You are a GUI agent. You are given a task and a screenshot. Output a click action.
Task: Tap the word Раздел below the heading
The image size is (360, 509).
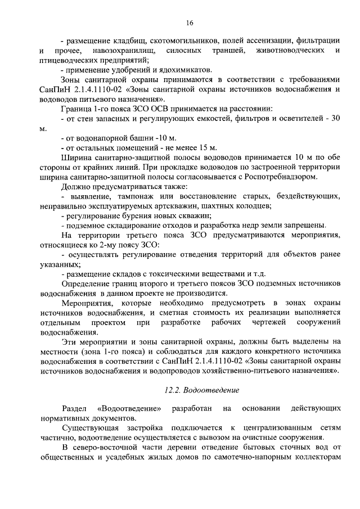(x=74, y=408)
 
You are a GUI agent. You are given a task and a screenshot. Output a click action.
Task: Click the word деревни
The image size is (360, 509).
(x=188, y=447)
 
